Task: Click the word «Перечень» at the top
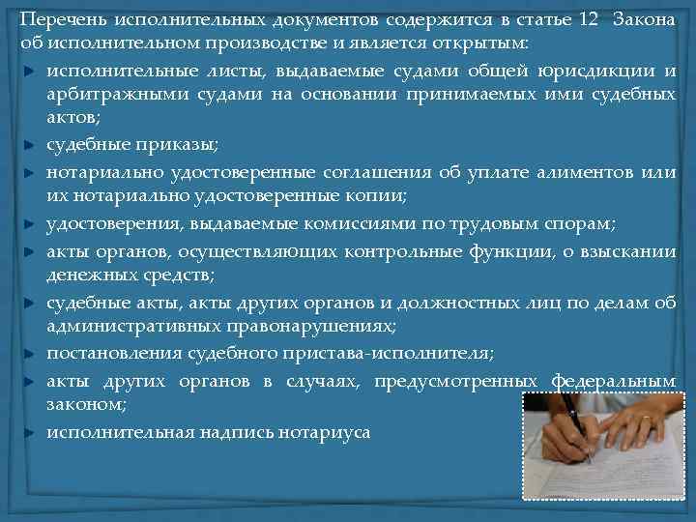[60, 21]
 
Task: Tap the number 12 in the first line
[564, 21]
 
